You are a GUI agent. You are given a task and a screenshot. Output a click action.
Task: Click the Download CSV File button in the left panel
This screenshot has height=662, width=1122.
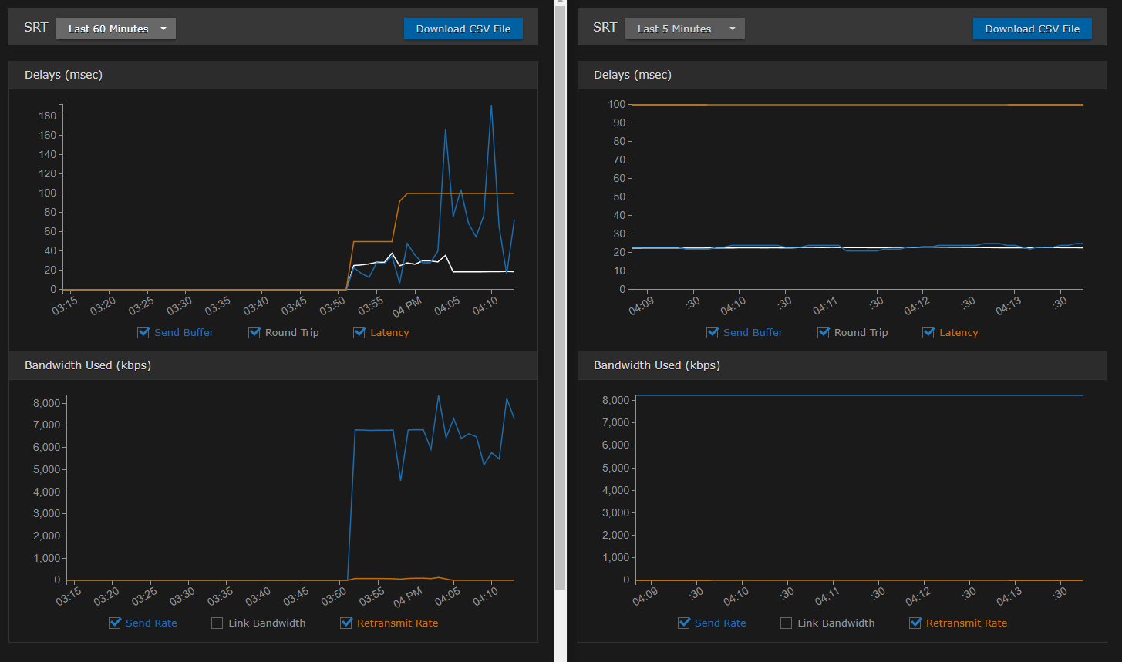pyautogui.click(x=463, y=29)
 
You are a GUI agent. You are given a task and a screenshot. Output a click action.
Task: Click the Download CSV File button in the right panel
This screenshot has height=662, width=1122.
pyautogui.click(x=1032, y=29)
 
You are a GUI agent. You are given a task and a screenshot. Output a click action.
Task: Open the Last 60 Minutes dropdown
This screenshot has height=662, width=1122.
pyautogui.click(x=116, y=29)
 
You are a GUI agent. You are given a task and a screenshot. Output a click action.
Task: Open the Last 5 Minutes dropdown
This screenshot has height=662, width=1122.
pyautogui.click(x=685, y=29)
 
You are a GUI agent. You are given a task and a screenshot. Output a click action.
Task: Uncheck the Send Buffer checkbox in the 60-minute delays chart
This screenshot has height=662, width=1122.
pyautogui.click(x=143, y=332)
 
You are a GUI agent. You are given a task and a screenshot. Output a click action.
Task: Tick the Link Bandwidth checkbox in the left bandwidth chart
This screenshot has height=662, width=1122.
pyautogui.click(x=217, y=623)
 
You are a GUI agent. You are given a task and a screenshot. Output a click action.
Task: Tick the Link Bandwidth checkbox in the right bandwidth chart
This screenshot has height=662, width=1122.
pyautogui.click(x=787, y=623)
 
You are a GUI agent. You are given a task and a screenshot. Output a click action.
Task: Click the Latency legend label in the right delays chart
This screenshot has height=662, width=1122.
pyautogui.click(x=959, y=332)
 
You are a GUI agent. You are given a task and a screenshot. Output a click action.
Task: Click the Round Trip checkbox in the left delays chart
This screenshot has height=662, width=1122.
pyautogui.click(x=254, y=332)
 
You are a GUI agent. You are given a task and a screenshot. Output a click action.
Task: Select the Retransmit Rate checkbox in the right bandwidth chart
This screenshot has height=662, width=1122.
pyautogui.click(x=915, y=623)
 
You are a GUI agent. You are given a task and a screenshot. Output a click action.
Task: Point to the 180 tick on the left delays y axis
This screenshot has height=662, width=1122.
pyautogui.click(x=48, y=116)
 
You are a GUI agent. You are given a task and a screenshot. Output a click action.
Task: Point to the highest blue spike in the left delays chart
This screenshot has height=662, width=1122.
pyautogui.click(x=491, y=106)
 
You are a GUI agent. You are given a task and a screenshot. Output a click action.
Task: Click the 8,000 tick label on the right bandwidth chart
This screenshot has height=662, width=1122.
pyautogui.click(x=615, y=400)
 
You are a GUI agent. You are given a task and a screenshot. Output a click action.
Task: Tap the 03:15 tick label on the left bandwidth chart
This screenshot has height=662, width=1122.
pyautogui.click(x=69, y=596)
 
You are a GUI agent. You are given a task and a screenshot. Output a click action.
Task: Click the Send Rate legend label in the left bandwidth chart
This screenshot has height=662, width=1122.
pyautogui.click(x=151, y=623)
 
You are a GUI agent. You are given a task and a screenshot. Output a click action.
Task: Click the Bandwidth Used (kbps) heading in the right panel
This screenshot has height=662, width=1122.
pyautogui.click(x=656, y=365)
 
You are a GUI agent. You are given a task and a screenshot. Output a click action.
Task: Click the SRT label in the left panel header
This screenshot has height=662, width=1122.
pyautogui.click(x=36, y=27)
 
